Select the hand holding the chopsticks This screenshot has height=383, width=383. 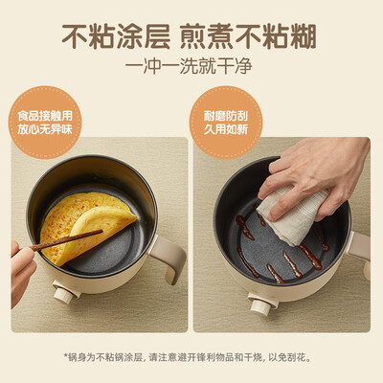coord(21,263)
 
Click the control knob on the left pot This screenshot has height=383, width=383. coord(65,295)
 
